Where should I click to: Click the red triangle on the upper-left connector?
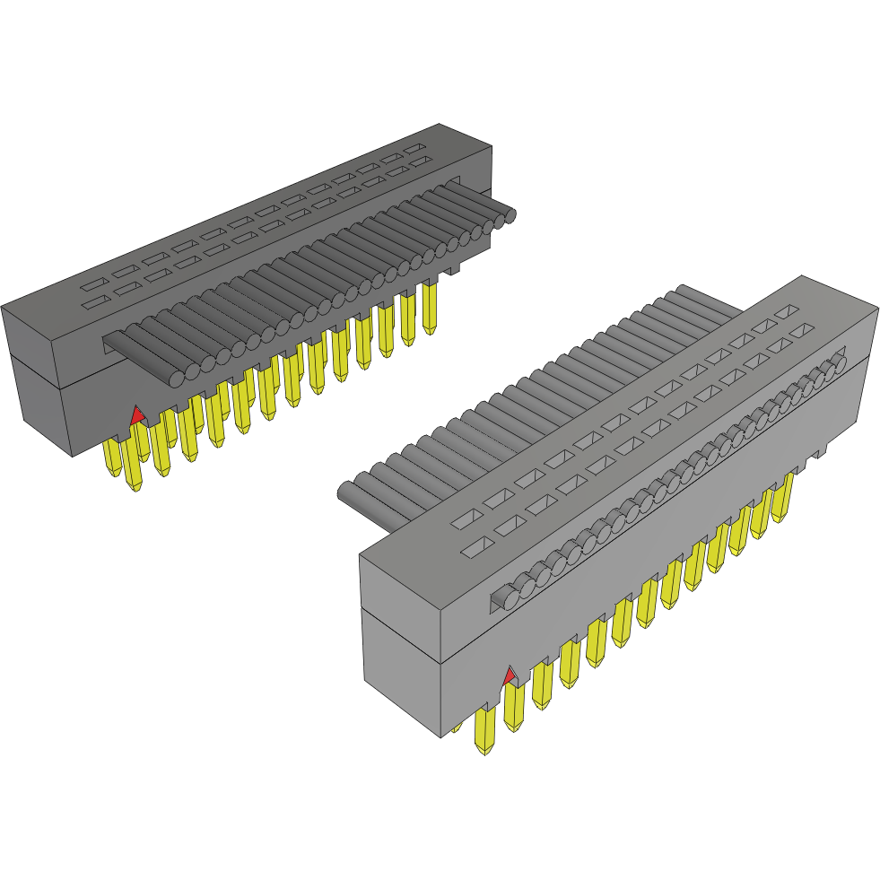tap(136, 415)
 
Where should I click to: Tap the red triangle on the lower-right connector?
tap(510, 675)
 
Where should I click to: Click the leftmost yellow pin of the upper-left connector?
tap(113, 457)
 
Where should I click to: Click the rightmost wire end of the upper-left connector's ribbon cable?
tap(510, 216)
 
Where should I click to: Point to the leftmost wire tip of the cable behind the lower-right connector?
tap(347, 491)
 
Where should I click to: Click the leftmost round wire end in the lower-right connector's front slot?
tap(508, 596)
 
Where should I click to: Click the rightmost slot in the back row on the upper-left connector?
tap(414, 147)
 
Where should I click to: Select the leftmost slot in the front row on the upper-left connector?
tap(94, 302)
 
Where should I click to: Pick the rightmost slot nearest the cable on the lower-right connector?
tap(786, 311)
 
